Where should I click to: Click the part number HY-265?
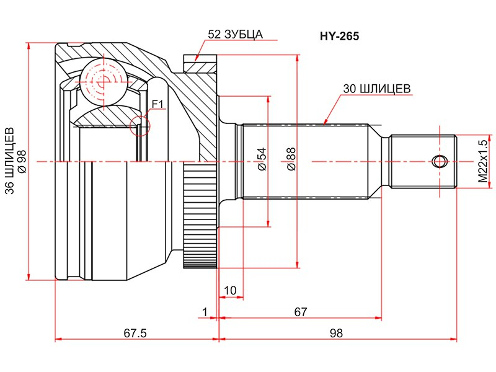[339, 37]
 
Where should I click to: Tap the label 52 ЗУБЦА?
[236, 34]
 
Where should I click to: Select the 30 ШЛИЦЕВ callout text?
[377, 89]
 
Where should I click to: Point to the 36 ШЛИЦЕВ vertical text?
[10, 161]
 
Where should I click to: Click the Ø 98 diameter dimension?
[22, 161]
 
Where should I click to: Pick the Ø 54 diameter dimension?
[262, 159]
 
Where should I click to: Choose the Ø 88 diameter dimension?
[291, 159]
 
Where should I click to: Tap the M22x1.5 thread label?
[483, 161]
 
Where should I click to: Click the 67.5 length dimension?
[135, 333]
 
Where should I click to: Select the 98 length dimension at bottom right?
[336, 333]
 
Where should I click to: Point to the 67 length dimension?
[301, 312]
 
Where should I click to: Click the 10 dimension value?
[230, 290]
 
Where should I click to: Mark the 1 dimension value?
[205, 312]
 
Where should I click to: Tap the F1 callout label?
[157, 104]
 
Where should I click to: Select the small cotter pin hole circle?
[440, 162]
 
